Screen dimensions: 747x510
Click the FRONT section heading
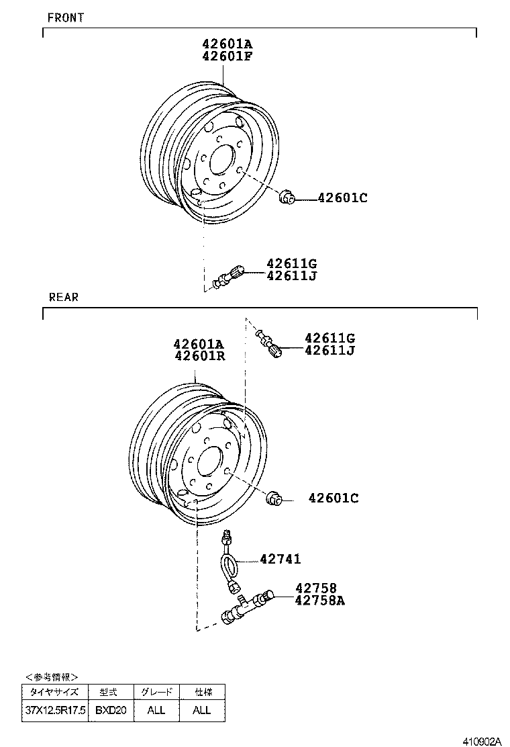click(66, 17)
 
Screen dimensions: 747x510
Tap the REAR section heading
click(64, 297)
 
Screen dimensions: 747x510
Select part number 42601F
click(227, 56)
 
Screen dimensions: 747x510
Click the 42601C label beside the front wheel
click(342, 197)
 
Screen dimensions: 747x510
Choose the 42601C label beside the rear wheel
click(334, 498)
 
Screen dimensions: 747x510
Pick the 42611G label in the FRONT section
click(291, 263)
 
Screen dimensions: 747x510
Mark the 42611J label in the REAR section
click(329, 350)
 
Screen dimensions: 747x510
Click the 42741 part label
click(280, 559)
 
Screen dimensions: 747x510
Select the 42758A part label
click(319, 601)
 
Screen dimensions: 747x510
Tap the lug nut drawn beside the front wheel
click(286, 197)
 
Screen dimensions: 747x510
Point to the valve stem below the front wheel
click(226, 276)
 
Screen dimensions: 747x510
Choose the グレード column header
click(156, 692)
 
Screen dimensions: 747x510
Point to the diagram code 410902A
click(482, 741)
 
